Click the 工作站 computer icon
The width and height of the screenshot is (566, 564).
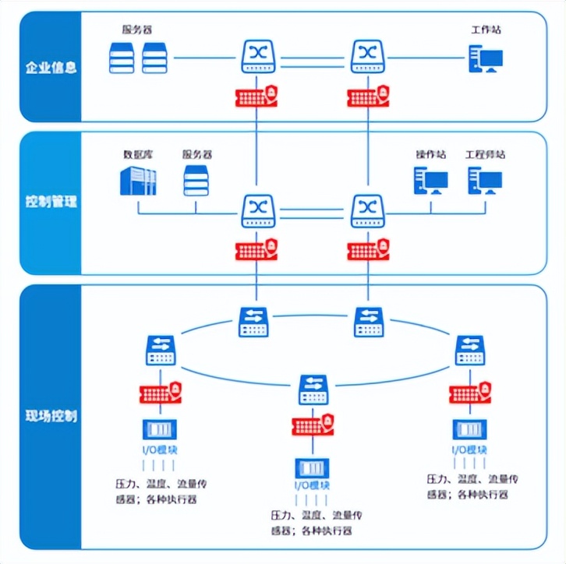[485, 59]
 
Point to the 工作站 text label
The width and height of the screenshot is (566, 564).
[486, 30]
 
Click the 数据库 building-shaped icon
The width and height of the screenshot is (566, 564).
[138, 182]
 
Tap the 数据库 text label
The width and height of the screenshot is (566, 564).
[139, 154]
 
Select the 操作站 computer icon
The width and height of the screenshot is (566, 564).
[430, 182]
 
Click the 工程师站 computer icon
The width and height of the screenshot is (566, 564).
[484, 182]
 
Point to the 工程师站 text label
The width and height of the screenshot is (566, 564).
[485, 154]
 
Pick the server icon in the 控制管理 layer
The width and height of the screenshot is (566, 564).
[196, 181]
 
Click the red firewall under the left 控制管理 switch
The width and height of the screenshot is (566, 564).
[257, 250]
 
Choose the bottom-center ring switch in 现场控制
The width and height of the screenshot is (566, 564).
[314, 390]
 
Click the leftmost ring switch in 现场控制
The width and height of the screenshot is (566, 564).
[161, 351]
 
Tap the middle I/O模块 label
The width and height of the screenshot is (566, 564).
[312, 486]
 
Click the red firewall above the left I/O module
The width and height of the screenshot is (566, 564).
[161, 392]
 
